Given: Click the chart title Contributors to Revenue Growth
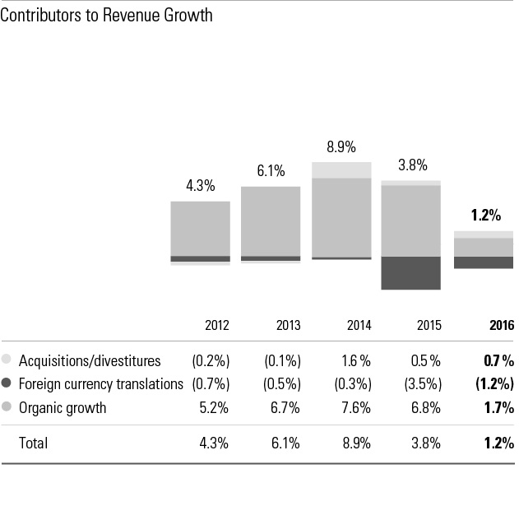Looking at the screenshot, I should [x=107, y=16].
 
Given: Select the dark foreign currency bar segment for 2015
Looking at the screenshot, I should [x=411, y=272].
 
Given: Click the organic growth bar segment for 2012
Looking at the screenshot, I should [x=200, y=228].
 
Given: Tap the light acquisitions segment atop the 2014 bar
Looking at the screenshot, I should [x=341, y=169].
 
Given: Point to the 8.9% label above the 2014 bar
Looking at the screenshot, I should [x=341, y=147].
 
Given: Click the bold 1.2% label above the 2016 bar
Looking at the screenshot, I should [x=485, y=216].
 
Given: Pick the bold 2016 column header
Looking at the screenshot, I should [x=501, y=325].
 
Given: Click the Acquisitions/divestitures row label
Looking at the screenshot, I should [x=90, y=360].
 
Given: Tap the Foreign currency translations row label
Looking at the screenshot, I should [x=100, y=383].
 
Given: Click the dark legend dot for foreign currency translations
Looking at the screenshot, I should [x=7, y=383].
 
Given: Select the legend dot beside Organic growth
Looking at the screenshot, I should [x=7, y=407].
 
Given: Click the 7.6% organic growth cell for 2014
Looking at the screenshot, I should [x=355, y=407].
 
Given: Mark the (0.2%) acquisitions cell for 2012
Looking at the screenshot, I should [x=210, y=360].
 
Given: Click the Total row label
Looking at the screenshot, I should [x=33, y=443].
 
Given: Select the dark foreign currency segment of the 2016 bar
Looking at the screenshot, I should [x=484, y=262].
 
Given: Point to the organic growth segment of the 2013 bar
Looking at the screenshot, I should [x=271, y=221].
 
